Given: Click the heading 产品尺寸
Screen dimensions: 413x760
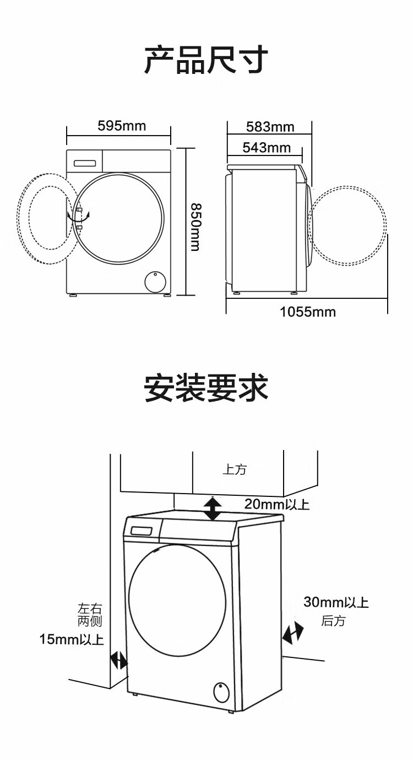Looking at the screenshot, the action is point(206,60).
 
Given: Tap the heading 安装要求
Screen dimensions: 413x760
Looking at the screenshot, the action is point(206,388).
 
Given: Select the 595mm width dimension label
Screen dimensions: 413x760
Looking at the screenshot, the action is point(122,126).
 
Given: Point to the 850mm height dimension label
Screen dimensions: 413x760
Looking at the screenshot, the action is point(195,227).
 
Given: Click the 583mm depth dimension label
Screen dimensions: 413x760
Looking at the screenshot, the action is point(270,127).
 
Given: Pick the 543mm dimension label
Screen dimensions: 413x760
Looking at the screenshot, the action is point(267,148).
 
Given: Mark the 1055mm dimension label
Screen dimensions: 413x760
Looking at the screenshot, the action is point(308,312).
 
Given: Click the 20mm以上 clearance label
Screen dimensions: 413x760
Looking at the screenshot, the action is point(277,504).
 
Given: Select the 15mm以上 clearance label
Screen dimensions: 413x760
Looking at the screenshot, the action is point(72,639).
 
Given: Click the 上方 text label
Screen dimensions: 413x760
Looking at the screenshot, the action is point(235,469).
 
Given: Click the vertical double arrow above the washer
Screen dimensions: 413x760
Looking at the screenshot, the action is point(213,509).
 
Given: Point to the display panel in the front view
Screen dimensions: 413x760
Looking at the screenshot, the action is point(85,163).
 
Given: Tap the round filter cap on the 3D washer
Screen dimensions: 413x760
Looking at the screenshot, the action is point(221,692).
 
